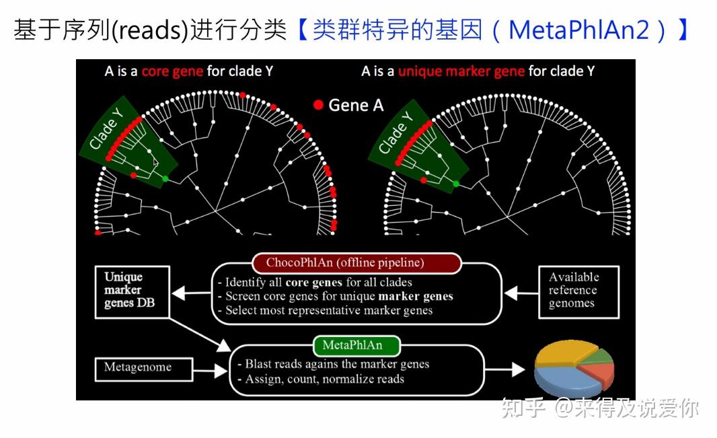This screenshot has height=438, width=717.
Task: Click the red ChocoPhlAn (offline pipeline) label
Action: (356, 263)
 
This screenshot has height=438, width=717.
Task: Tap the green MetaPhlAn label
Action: (356, 346)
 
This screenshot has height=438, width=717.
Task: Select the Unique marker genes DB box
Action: (133, 292)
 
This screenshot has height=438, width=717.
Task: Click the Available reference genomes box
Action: (579, 292)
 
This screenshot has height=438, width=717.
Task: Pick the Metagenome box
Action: (144, 369)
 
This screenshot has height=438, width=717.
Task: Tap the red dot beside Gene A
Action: (318, 105)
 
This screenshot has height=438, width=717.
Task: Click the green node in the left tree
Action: (165, 178)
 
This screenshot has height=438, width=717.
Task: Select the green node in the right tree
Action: (456, 183)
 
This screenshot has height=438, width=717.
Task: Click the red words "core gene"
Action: (172, 71)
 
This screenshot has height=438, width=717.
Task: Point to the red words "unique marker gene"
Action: (461, 71)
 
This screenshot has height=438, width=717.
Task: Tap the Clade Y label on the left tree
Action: (106, 129)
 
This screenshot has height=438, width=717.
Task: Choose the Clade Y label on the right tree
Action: (396, 133)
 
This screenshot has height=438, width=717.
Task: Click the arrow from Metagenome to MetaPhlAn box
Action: (211, 370)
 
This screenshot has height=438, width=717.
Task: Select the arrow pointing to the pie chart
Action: (504, 369)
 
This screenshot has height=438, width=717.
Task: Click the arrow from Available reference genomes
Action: (521, 293)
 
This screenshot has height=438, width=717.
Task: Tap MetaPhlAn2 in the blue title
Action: (579, 30)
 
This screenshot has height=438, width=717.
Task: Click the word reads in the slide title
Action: (150, 31)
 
